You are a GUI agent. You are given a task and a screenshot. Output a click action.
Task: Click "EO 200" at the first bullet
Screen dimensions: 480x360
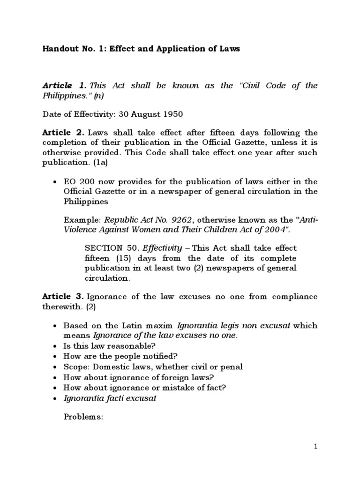tap(78, 181)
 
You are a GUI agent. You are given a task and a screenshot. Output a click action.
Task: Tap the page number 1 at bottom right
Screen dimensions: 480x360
tap(316, 447)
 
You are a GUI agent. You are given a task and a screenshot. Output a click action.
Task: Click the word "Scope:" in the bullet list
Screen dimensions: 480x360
tap(76, 367)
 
